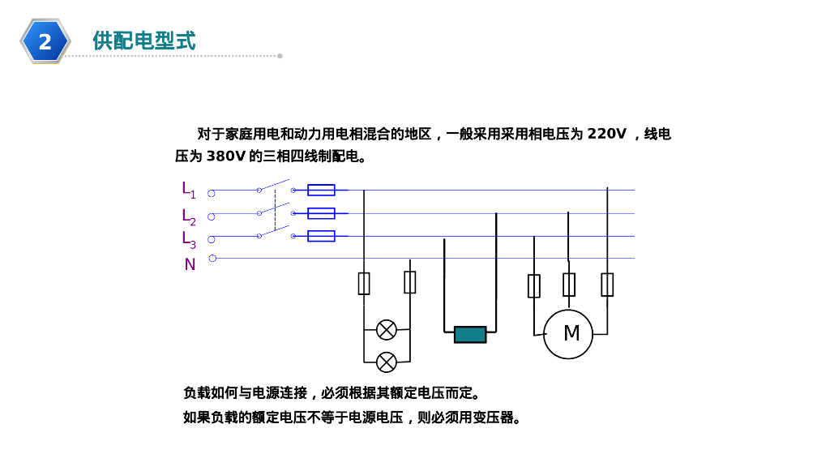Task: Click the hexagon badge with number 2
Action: tap(45, 41)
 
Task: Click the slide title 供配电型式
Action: tap(144, 41)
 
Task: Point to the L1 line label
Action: tap(188, 190)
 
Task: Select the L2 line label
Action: tap(188, 216)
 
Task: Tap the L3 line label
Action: tap(188, 239)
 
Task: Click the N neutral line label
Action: tap(190, 264)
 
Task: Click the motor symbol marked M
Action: tap(568, 333)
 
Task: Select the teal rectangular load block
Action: tap(470, 334)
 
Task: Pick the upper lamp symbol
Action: tap(387, 330)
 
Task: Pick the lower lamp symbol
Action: tap(387, 362)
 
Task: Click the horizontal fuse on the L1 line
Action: tap(322, 191)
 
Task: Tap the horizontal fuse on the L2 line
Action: tap(322, 213)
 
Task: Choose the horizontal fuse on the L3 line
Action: tap(322, 236)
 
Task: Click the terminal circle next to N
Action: tap(212, 259)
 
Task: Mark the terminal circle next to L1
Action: tap(212, 193)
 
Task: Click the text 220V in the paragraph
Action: tap(607, 134)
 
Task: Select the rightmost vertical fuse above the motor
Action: tap(607, 285)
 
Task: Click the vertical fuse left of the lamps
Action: tap(364, 283)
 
